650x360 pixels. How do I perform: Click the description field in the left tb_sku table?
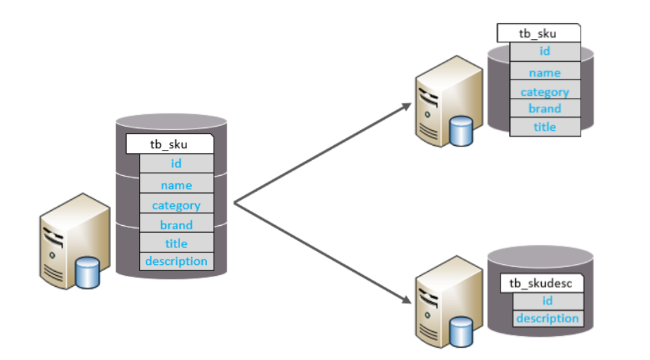click(177, 261)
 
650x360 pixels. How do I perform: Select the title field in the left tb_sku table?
click(177, 243)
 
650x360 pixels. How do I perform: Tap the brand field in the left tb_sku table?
click(177, 224)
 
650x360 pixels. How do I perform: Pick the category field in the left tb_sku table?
click(177, 204)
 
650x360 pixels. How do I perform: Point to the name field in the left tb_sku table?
click(177, 184)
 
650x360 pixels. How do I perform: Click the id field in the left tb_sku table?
click(177, 164)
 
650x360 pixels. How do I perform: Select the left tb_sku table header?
click(170, 144)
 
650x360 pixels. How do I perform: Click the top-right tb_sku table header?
click(538, 33)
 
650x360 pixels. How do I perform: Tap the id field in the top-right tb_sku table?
click(545, 51)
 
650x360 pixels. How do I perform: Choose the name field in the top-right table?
click(545, 71)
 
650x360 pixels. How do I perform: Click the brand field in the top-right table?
click(545, 109)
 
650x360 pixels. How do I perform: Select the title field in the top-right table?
click(545, 127)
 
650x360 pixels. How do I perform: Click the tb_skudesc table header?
click(542, 283)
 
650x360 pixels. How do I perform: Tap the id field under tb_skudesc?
click(548, 301)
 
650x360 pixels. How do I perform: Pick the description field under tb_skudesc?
click(548, 318)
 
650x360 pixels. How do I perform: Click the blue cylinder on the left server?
click(88, 272)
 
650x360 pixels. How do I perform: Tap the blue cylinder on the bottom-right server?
click(461, 331)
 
